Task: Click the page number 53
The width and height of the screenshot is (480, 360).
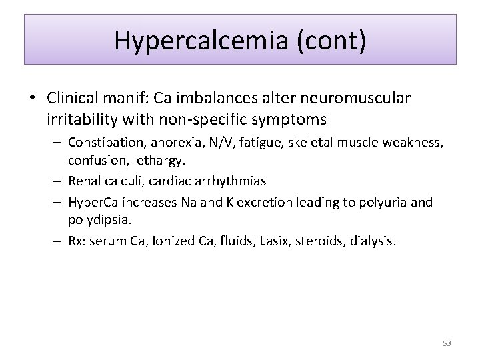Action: coord(447,343)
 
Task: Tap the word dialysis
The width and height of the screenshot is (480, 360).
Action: coord(373,241)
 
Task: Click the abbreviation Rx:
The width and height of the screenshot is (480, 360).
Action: coord(77,241)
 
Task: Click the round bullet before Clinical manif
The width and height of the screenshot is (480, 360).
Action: coord(33,99)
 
